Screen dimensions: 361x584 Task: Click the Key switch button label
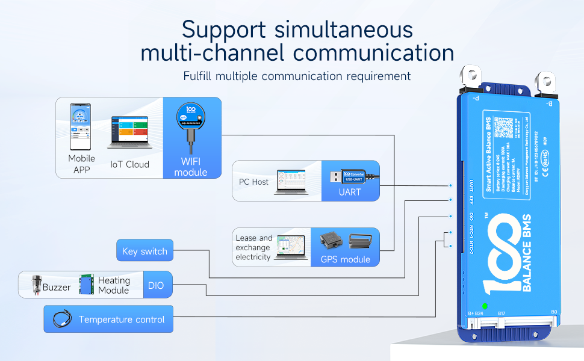click(x=144, y=251)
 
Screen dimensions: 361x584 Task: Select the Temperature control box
click(x=108, y=319)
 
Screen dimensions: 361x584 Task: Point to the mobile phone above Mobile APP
click(x=81, y=127)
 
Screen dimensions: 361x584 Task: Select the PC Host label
click(x=252, y=181)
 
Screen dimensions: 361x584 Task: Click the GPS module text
click(x=346, y=259)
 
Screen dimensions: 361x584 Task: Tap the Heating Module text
click(x=114, y=285)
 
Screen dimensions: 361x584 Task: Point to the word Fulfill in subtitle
click(x=199, y=76)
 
